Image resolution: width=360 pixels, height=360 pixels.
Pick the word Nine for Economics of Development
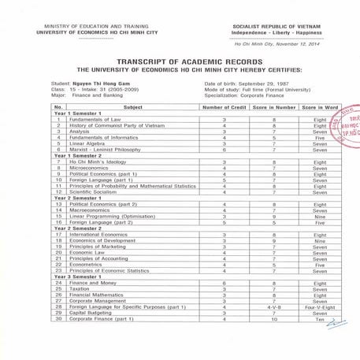[319, 240]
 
